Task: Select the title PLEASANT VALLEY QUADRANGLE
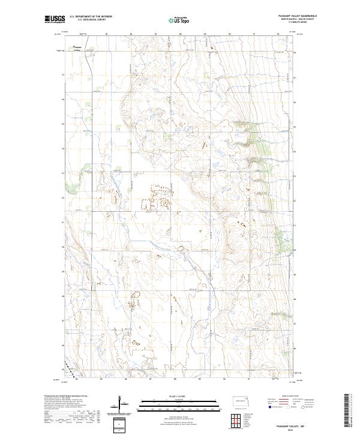pos(296,16)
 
